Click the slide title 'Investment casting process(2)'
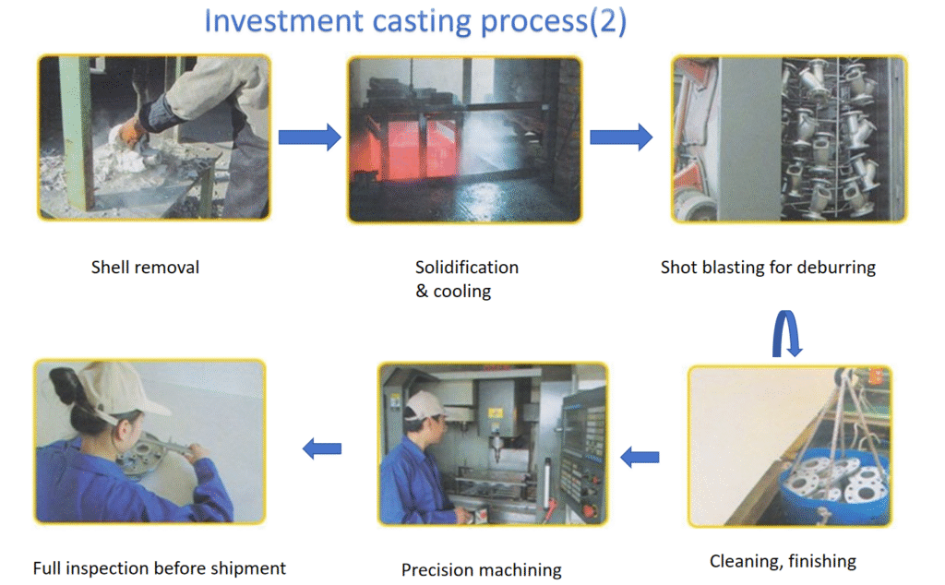pyautogui.click(x=414, y=21)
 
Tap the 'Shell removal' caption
pyautogui.click(x=145, y=268)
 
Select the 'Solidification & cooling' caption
pyautogui.click(x=466, y=279)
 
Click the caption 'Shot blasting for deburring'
pyautogui.click(x=767, y=268)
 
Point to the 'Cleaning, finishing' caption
pyautogui.click(x=783, y=561)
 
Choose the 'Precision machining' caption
pyautogui.click(x=481, y=569)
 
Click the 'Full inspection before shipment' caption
pyautogui.click(x=159, y=567)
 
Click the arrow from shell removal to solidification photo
pyautogui.click(x=309, y=137)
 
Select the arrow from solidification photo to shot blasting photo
pyautogui.click(x=621, y=137)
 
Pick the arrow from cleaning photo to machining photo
pyautogui.click(x=640, y=457)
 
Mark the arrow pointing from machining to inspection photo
pyautogui.click(x=322, y=448)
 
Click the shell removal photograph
pyautogui.click(x=154, y=137)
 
